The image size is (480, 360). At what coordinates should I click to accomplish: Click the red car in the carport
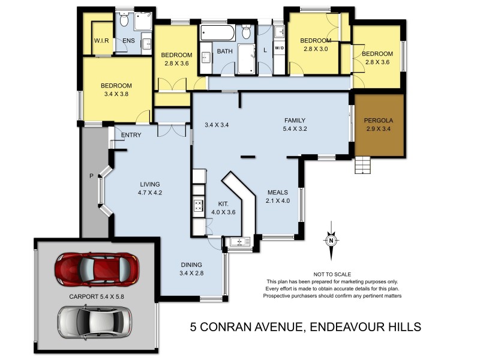pyautogui.click(x=97, y=268)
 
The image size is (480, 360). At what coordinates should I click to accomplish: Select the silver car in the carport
pyautogui.click(x=95, y=322)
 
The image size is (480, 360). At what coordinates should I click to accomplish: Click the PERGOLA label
pyautogui.click(x=378, y=120)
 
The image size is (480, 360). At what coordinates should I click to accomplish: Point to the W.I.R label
pyautogui.click(x=100, y=41)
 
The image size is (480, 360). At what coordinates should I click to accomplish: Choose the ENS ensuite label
pyautogui.click(x=129, y=41)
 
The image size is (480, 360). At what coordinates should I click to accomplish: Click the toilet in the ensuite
pyautogui.click(x=124, y=21)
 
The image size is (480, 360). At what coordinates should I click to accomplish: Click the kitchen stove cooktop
pyautogui.click(x=199, y=206)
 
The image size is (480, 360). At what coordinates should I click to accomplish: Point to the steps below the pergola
pyautogui.click(x=362, y=165)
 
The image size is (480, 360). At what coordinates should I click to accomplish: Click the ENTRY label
pyautogui.click(x=131, y=135)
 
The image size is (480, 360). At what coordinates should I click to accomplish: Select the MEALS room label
pyautogui.click(x=278, y=193)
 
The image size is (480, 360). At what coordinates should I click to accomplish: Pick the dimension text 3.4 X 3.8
pyautogui.click(x=116, y=94)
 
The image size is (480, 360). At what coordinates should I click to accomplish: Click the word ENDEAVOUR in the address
pyautogui.click(x=337, y=327)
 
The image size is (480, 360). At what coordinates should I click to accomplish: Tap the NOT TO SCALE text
pyautogui.click(x=332, y=274)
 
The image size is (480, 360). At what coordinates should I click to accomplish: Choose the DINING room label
pyautogui.click(x=192, y=265)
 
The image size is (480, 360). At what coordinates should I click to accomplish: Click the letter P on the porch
pyautogui.click(x=91, y=177)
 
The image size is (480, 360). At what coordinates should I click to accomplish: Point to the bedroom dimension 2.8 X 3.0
pyautogui.click(x=316, y=49)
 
